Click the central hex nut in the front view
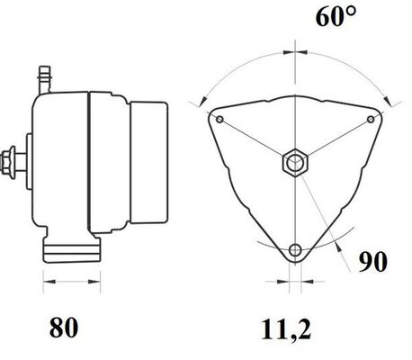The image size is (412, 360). [295, 163]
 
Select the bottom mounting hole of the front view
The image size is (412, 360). [295, 249]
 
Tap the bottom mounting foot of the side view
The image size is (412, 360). [67, 251]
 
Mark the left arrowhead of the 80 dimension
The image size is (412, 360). [48, 282]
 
